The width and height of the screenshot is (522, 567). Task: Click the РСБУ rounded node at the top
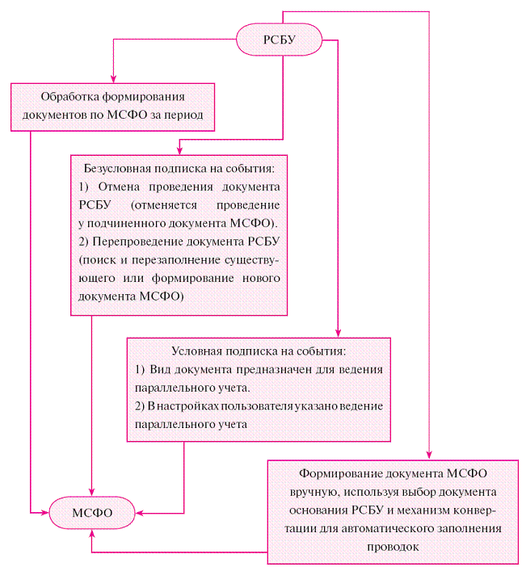tap(279, 39)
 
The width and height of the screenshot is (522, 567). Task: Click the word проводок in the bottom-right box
tap(394, 545)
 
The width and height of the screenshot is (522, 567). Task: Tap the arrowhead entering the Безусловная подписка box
tap(179, 150)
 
